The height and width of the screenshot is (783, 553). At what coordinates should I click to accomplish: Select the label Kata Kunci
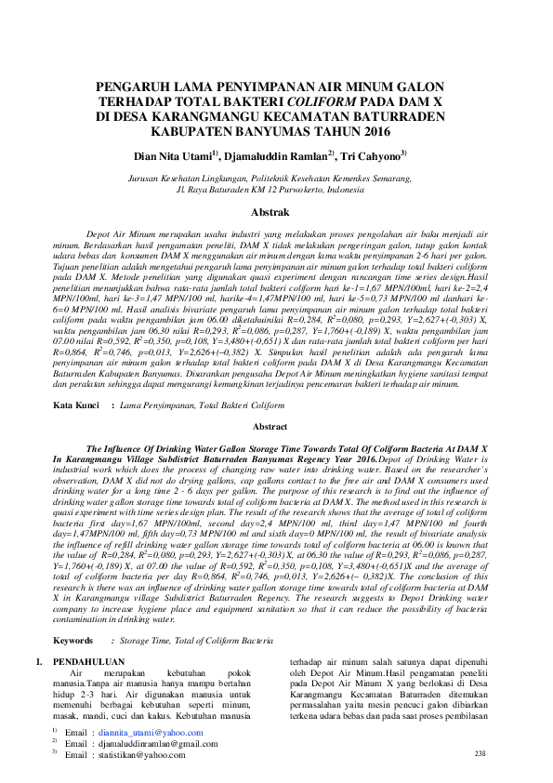click(76, 405)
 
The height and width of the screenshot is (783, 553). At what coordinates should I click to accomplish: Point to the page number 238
click(480, 753)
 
